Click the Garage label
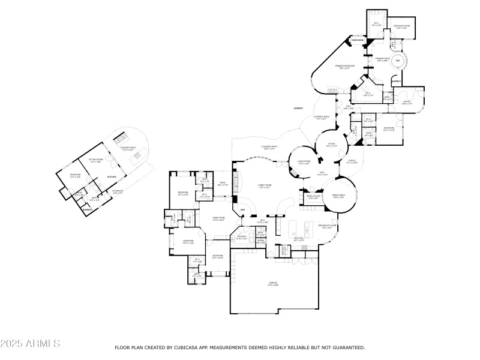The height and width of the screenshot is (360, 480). pos(274,282)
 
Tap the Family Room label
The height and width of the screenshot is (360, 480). pos(265,187)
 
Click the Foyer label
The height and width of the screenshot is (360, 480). pos(331,145)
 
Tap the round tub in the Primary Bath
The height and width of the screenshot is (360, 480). pos(397,60)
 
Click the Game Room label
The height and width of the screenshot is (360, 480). pos(218,219)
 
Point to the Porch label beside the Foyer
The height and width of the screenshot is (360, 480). pos(352,161)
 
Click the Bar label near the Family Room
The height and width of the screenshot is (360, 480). pos(243,209)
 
